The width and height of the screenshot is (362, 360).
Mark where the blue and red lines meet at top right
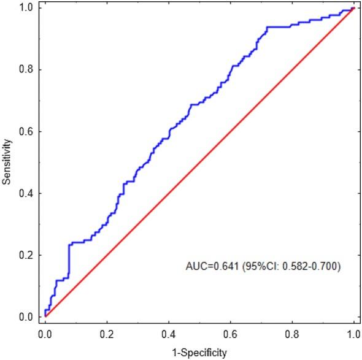pos(353,9)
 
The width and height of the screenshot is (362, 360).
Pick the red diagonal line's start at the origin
pos(45,316)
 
